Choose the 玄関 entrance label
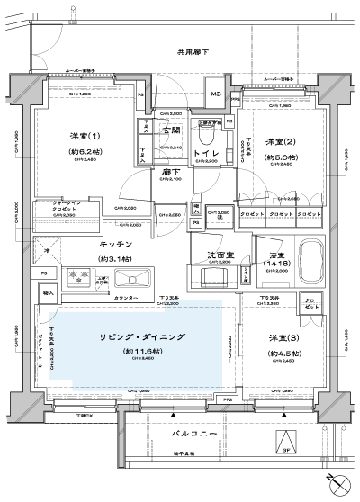pos(171,132)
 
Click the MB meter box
pos(216,94)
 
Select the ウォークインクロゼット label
pos(63,207)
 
